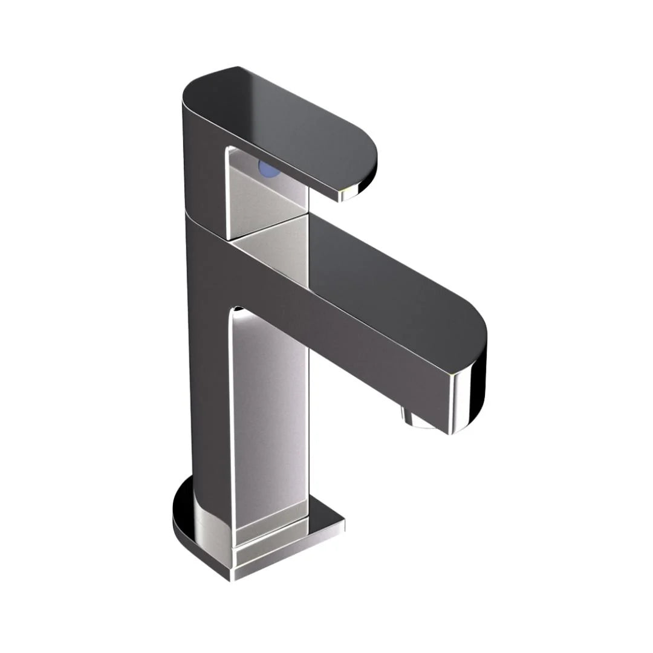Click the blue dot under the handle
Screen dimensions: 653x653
pos(269,168)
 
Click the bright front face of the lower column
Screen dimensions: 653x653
pos(269,411)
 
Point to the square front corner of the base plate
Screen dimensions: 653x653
pos(233,574)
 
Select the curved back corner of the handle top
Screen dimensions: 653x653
pos(193,91)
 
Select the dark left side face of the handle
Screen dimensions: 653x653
pos(203,163)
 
